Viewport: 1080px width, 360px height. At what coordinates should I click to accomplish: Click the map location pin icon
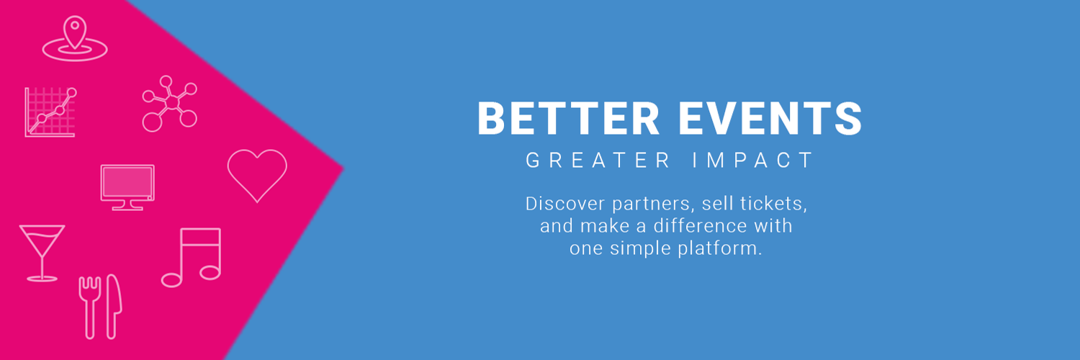tap(75, 48)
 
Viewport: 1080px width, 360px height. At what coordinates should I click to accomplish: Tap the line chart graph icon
tap(50, 112)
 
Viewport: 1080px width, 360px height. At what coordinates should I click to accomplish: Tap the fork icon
tap(90, 307)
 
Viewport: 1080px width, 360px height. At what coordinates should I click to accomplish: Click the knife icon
tap(114, 307)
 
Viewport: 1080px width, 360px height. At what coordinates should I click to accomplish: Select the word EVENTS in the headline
tap(770, 118)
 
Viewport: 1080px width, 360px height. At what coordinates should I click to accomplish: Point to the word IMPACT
tap(753, 160)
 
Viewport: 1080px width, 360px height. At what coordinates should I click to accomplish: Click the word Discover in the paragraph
tap(565, 203)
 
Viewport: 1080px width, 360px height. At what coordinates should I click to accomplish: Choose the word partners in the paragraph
tap(653, 204)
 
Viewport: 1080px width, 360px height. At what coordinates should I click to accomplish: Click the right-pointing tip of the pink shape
tap(343, 168)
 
